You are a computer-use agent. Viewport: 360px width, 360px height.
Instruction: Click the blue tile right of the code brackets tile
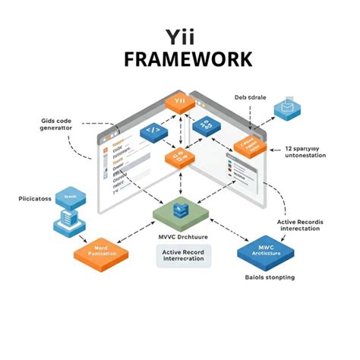205,127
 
